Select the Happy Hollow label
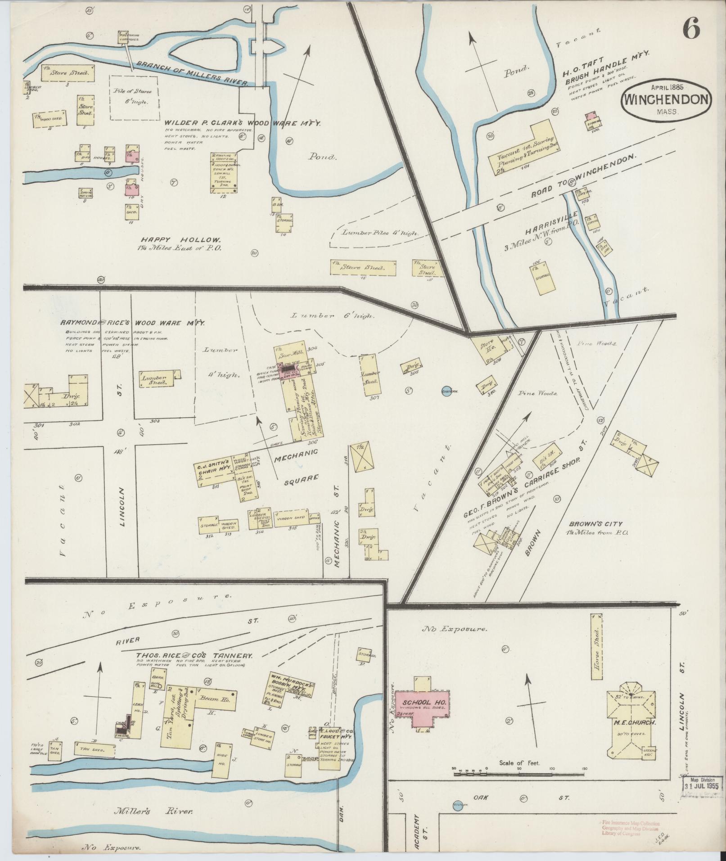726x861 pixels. (x=180, y=239)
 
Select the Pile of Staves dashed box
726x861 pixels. (x=135, y=97)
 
